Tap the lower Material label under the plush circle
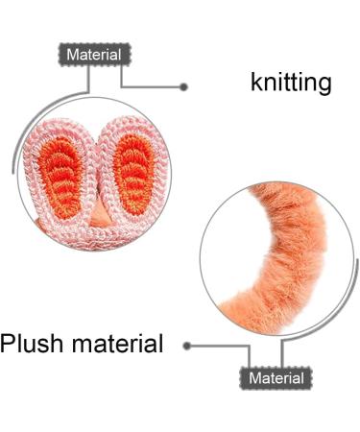point(276,378)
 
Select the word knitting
point(291,83)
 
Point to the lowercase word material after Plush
point(120,343)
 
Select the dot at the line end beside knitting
point(184,87)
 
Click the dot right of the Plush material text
point(186,345)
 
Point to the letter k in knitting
point(255,83)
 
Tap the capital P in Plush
point(9,343)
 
